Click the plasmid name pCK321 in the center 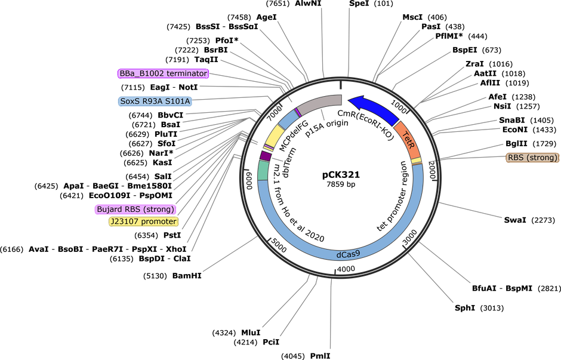click(x=341, y=175)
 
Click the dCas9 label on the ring click(x=348, y=254)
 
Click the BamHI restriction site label click(x=187, y=276)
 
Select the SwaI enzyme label click(x=515, y=220)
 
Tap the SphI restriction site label click(x=465, y=308)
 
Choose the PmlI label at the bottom click(x=320, y=356)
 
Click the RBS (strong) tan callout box click(x=533, y=158)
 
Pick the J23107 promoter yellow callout click(x=143, y=221)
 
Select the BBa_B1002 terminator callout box click(x=163, y=73)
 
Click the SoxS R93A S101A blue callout click(x=155, y=101)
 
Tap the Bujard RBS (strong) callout click(x=135, y=210)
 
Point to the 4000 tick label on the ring click(x=346, y=269)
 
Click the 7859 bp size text click(x=341, y=184)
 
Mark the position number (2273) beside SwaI click(x=544, y=220)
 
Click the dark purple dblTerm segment click(x=265, y=156)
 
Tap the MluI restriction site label click(x=251, y=333)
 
